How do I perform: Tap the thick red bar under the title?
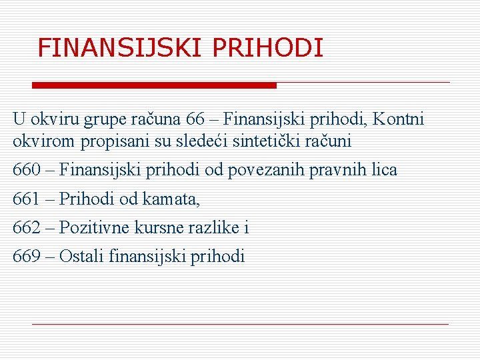point(155,85)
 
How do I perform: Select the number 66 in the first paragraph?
point(196,119)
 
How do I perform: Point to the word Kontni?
point(398,119)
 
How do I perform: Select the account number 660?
point(27,170)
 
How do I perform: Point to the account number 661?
point(27,199)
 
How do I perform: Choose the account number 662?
point(27,227)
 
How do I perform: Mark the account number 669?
point(27,256)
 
